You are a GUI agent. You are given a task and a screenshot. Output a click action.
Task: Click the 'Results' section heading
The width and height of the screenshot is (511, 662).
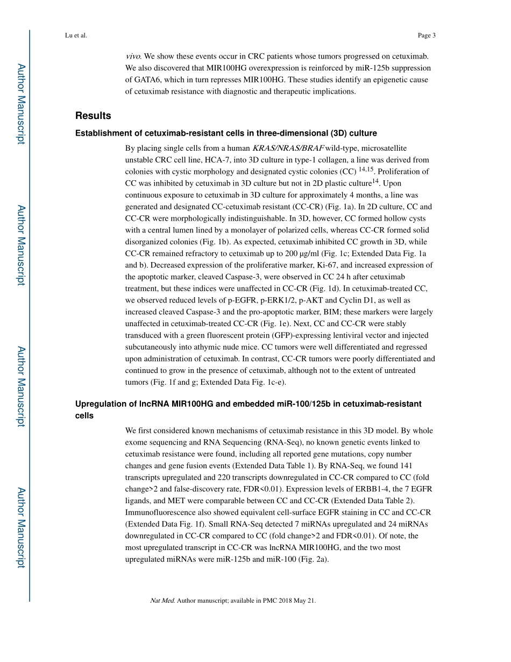[93, 116]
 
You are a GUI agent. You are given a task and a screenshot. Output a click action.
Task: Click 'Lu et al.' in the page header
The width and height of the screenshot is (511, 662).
[75, 36]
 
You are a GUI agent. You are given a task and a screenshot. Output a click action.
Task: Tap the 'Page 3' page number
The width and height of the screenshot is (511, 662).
[426, 36]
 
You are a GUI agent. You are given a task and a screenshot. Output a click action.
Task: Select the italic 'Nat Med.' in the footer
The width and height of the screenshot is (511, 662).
[162, 601]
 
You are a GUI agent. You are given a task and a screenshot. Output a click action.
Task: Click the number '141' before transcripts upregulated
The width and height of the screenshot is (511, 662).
[406, 466]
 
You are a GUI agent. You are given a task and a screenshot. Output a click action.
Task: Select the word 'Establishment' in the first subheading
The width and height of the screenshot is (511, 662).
[102, 133]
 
